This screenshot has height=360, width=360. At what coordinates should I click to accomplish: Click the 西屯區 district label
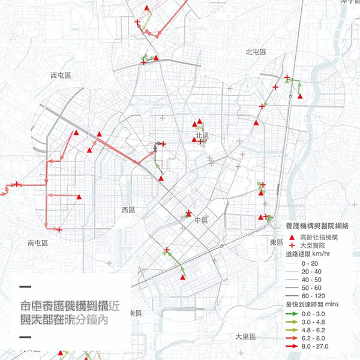point(61,76)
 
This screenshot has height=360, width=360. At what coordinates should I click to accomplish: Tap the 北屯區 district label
point(256,52)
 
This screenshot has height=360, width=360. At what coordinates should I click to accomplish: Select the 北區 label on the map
point(201,137)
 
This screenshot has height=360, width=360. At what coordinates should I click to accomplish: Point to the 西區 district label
point(129,210)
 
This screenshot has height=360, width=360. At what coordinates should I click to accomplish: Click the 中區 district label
point(200,221)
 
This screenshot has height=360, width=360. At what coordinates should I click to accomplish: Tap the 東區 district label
point(276,242)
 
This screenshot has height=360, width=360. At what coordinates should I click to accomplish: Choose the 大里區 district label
point(245,337)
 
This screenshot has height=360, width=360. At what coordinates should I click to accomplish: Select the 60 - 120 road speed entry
point(314,296)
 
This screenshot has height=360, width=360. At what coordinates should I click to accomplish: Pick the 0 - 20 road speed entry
point(310,263)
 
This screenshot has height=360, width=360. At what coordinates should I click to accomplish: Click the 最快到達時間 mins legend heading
point(312,305)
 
